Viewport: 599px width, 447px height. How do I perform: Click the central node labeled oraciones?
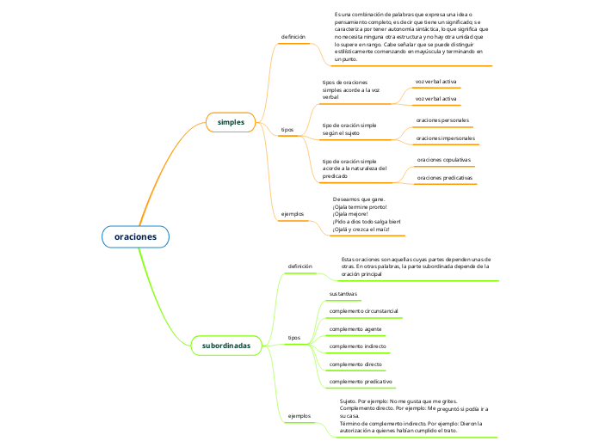(135, 236)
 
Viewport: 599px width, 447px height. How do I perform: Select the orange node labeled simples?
(231, 122)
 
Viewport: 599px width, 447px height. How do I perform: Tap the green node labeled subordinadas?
(226, 346)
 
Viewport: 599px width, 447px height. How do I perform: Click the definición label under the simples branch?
(293, 37)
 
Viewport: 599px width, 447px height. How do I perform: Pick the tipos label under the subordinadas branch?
(293, 338)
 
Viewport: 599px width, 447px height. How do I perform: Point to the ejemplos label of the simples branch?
(293, 213)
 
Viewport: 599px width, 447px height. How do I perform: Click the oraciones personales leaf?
(442, 120)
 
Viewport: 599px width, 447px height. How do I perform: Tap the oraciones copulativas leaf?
(443, 160)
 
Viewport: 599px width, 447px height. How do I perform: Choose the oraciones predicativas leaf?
(444, 177)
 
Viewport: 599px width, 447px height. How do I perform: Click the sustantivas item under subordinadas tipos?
(343, 294)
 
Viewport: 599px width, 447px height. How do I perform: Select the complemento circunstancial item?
(363, 310)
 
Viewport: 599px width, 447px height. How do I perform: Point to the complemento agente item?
(355, 329)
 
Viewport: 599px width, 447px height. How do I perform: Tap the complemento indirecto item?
(358, 346)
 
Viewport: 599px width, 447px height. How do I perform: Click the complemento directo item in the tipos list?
(355, 364)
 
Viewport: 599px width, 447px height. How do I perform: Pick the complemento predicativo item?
(361, 381)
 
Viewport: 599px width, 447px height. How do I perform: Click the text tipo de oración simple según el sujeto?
(349, 129)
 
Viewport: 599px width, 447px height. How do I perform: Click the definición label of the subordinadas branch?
(299, 266)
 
